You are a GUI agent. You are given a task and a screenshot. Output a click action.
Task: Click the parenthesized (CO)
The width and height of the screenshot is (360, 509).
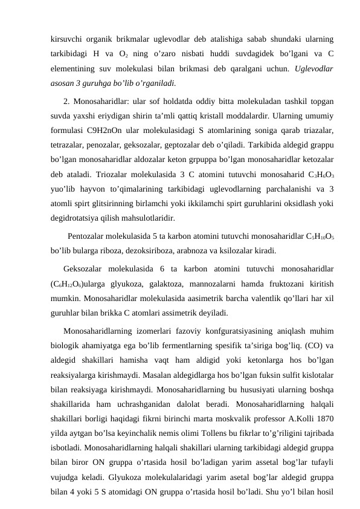coord(310,345)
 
